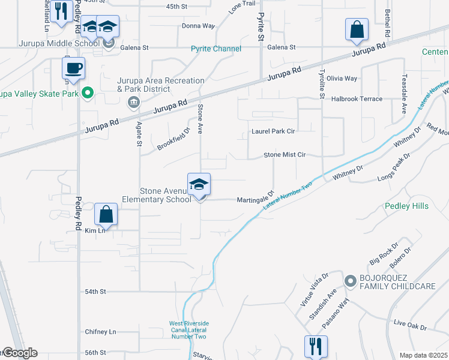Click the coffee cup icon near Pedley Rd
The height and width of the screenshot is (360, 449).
[73, 68]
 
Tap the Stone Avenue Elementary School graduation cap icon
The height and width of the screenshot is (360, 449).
[199, 184]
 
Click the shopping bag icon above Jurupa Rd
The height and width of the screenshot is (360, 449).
[357, 29]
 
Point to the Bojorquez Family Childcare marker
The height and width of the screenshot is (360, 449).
[350, 280]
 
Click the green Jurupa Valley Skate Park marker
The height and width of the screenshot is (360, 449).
[87, 93]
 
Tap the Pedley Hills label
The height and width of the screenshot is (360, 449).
[407, 206]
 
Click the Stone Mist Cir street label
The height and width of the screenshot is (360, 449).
[285, 155]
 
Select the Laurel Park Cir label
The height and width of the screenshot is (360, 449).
[274, 131]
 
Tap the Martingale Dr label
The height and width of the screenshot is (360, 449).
[255, 199]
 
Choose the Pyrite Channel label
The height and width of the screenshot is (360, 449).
[216, 49]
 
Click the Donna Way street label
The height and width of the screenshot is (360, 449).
[198, 26]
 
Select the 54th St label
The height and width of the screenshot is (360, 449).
[95, 291]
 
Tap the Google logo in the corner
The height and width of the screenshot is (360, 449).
[20, 353]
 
